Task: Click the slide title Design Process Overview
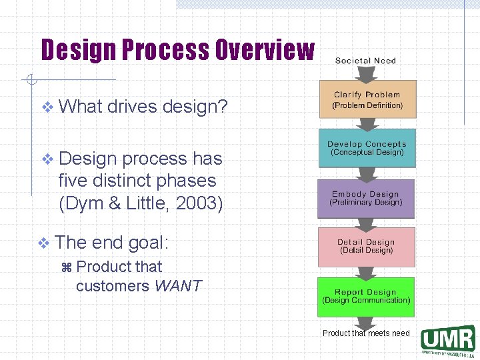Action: click(177, 50)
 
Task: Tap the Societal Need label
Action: click(365, 61)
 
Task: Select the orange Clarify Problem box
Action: click(367, 99)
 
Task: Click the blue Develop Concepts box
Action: click(367, 148)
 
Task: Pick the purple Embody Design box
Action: click(366, 198)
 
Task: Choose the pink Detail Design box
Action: click(366, 246)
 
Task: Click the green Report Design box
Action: click(366, 296)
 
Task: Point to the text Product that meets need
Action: click(366, 333)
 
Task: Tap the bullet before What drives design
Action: click(46, 107)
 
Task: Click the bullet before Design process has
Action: click(46, 159)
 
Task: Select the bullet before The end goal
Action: click(43, 243)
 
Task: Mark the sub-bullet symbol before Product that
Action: click(65, 267)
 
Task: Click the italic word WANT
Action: click(177, 286)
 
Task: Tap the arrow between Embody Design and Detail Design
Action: click(366, 223)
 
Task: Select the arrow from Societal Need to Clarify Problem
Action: click(366, 73)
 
